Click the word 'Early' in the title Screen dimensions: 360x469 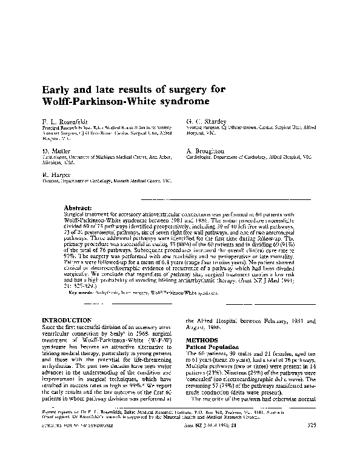click(x=57, y=89)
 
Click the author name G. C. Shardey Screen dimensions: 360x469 click(x=206, y=121)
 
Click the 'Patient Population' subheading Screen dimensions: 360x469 click(x=213, y=347)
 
